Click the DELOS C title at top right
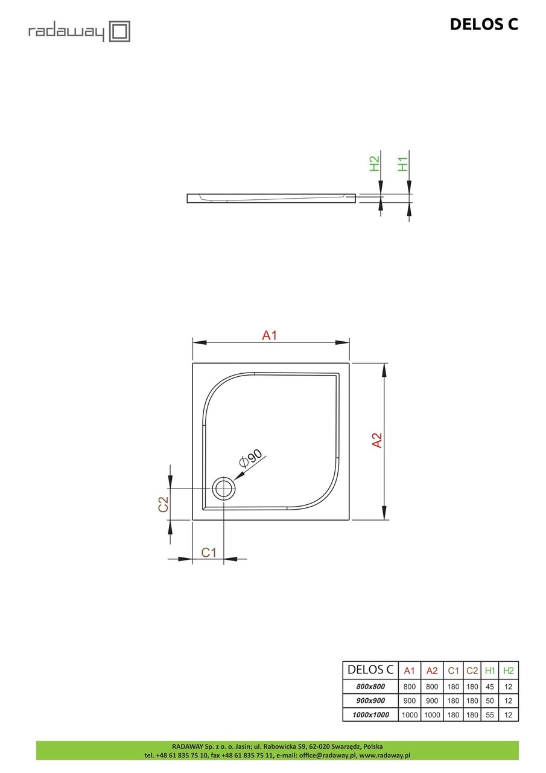(484, 24)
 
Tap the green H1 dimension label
(404, 163)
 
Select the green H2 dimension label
(375, 163)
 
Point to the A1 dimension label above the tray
(269, 335)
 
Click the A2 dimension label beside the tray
(377, 441)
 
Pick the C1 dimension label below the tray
(209, 552)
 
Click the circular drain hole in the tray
(224, 488)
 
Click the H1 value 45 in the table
(490, 687)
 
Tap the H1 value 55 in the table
(490, 715)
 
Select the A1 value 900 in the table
(409, 701)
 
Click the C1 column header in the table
(453, 670)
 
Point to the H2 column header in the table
(509, 670)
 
